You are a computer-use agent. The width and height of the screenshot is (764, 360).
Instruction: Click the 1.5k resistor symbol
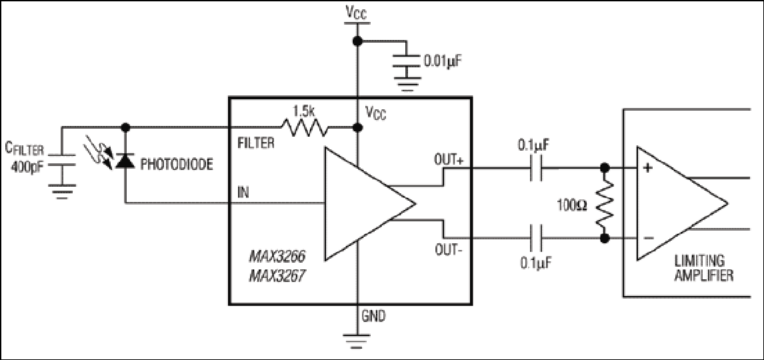pyautogui.click(x=304, y=128)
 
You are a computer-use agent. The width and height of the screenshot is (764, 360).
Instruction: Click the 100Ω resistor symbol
pyautogui.click(x=605, y=203)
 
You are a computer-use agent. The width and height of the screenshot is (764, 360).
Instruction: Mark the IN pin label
pyautogui.click(x=243, y=192)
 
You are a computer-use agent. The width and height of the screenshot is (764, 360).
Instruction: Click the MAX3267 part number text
pyautogui.click(x=274, y=276)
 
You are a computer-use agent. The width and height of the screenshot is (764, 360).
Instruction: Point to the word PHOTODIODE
pyautogui.click(x=177, y=165)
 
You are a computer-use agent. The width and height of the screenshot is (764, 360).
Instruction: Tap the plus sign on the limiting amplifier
pyautogui.click(x=648, y=168)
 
